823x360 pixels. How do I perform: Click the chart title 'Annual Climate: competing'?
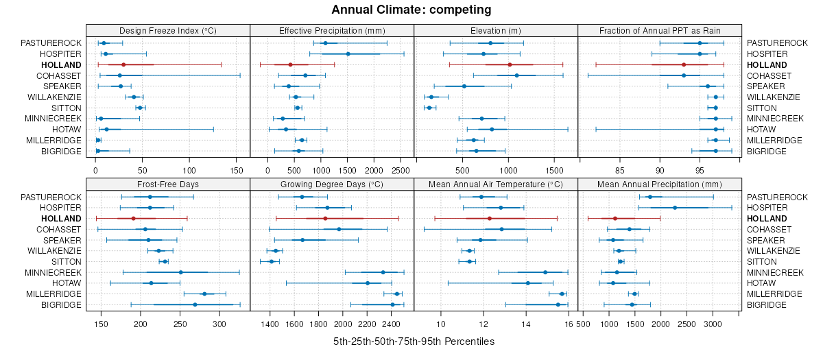(x=411, y=10)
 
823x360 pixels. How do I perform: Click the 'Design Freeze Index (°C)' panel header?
(x=168, y=30)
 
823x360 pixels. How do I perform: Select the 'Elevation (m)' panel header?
(x=496, y=30)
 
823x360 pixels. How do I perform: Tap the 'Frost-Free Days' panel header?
(x=168, y=184)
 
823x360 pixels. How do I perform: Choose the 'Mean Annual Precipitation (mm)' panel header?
(x=660, y=184)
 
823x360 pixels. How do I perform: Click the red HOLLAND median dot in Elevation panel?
(x=509, y=64)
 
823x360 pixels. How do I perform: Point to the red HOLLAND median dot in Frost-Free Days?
(x=133, y=218)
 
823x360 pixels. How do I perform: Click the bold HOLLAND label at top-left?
(x=64, y=64)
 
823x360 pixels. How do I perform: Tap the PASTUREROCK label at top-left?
(x=51, y=43)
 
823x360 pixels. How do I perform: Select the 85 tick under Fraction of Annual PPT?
(x=620, y=169)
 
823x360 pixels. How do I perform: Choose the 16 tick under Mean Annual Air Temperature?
(x=569, y=323)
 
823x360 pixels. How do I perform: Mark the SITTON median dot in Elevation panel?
(x=429, y=108)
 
